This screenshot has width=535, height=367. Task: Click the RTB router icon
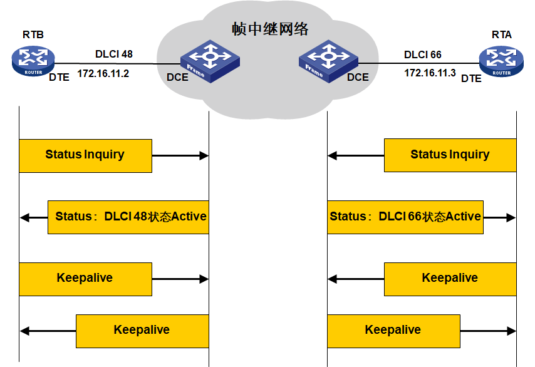click(x=33, y=61)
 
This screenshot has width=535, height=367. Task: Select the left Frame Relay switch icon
click(x=210, y=61)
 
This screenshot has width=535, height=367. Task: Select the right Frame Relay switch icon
click(x=327, y=61)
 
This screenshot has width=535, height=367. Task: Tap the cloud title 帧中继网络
click(x=270, y=29)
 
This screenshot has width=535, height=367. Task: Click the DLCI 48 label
click(x=114, y=54)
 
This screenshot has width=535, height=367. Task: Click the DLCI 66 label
click(x=423, y=54)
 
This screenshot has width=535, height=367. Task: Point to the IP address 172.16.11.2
click(x=103, y=73)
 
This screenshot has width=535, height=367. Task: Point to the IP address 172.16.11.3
click(x=430, y=73)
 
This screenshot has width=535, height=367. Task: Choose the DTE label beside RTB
click(x=60, y=78)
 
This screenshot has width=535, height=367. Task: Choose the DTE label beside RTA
click(x=471, y=78)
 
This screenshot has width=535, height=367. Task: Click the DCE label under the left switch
click(x=177, y=78)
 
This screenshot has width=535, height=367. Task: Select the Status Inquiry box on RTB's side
click(x=85, y=155)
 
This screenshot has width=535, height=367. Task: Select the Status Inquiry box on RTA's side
click(x=450, y=155)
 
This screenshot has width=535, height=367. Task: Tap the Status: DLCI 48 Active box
click(x=128, y=217)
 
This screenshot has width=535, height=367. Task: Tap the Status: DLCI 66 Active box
click(x=405, y=217)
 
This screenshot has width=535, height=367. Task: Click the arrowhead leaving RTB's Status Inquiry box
click(x=204, y=155)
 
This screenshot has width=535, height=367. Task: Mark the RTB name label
click(x=33, y=34)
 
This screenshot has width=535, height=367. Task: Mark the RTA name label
click(x=502, y=35)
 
